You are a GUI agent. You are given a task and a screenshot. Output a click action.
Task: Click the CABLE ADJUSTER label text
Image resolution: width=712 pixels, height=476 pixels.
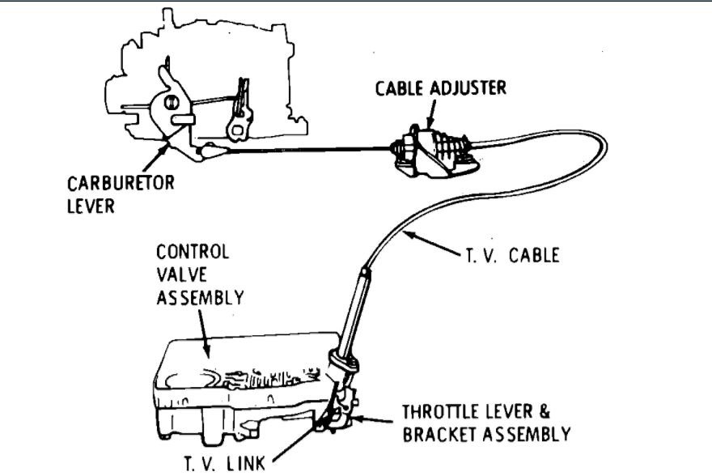pyautogui.click(x=440, y=87)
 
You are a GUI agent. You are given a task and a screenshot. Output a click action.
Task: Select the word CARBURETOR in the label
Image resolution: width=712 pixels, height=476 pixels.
pyautogui.click(x=120, y=183)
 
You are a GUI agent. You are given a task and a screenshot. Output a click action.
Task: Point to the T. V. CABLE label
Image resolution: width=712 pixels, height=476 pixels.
pyautogui.click(x=511, y=255)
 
